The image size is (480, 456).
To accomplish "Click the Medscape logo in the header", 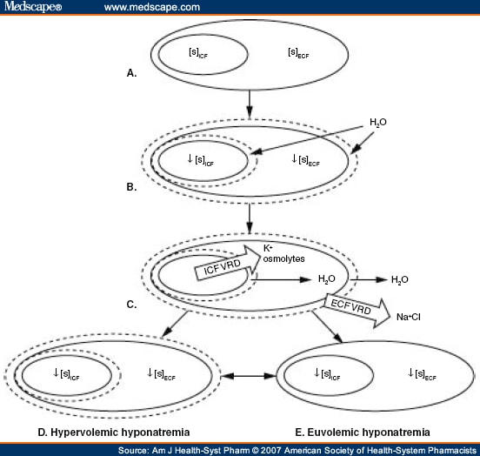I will pos(33,8).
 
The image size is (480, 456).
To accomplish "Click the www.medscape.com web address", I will pos(151,9).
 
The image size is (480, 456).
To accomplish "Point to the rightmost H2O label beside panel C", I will pos(397,279).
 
